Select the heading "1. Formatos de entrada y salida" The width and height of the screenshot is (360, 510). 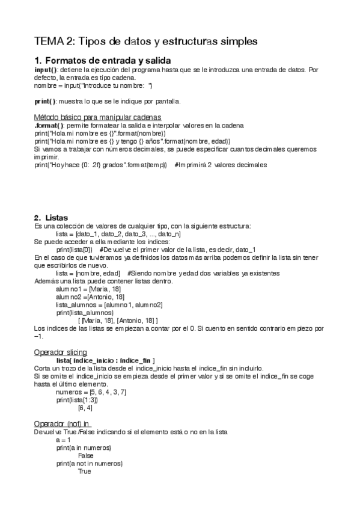(x=103, y=61)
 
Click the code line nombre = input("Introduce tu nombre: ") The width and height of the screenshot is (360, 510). (x=93, y=85)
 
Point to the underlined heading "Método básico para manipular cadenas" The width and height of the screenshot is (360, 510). (x=97, y=117)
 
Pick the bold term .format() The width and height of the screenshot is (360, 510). (x=49, y=125)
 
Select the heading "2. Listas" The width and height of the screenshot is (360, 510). (x=51, y=217)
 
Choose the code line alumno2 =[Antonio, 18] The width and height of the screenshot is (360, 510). (x=90, y=297)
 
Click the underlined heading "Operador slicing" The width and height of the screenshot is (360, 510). (x=61, y=352)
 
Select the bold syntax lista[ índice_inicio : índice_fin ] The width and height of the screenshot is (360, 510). (x=105, y=360)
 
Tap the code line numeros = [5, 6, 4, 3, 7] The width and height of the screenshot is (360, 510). (x=90, y=392)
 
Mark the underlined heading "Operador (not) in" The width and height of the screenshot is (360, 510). (x=66, y=423)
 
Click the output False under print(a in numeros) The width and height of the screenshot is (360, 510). (x=85, y=456)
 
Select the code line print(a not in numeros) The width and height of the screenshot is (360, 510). (x=89, y=464)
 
